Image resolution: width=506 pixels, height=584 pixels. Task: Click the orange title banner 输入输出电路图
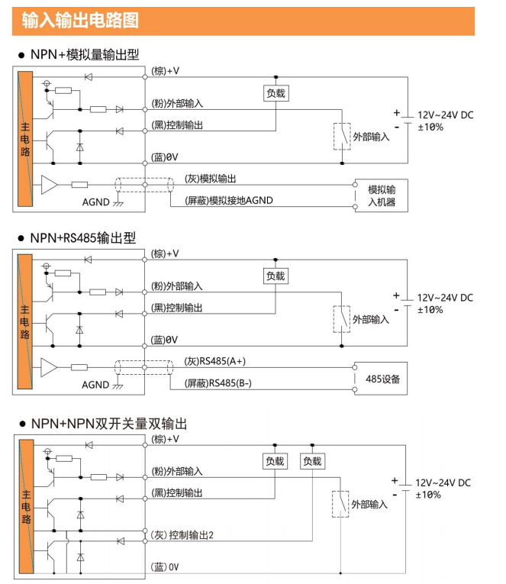pos(243,21)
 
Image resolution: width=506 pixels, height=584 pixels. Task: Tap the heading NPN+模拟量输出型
pos(85,54)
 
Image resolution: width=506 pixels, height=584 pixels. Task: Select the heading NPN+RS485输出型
pos(83,237)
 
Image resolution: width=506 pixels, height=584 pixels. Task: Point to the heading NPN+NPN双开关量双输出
pos(108,424)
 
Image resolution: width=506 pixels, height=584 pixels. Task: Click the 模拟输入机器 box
pos(382,195)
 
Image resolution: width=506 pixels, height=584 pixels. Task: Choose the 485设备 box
pos(381,379)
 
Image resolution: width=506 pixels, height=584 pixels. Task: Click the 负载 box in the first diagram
pos(276,93)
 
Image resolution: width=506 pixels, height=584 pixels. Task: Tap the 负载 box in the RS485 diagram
pos(276,276)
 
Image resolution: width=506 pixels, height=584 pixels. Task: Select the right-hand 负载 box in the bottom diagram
pos(312,461)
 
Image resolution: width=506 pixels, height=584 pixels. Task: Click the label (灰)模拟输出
pos(211,179)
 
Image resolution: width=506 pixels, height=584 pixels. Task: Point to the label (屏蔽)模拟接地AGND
pos(229,200)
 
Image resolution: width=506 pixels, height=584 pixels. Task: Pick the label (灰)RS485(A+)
pos(214,361)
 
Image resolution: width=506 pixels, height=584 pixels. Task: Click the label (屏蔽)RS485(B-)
pos(218,383)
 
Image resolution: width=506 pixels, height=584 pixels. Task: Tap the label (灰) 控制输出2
pos(182,535)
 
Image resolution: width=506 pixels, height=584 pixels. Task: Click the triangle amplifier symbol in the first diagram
pos(49,185)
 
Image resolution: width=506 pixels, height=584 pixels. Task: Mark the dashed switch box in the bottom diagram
pos(340,504)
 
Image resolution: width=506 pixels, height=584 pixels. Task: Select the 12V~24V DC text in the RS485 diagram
pos(445,298)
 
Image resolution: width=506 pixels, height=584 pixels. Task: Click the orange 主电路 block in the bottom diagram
pos(27,506)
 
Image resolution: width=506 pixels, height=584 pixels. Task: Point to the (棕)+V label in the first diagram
pos(165,71)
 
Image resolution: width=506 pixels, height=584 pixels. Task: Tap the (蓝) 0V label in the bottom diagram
pos(165,567)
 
